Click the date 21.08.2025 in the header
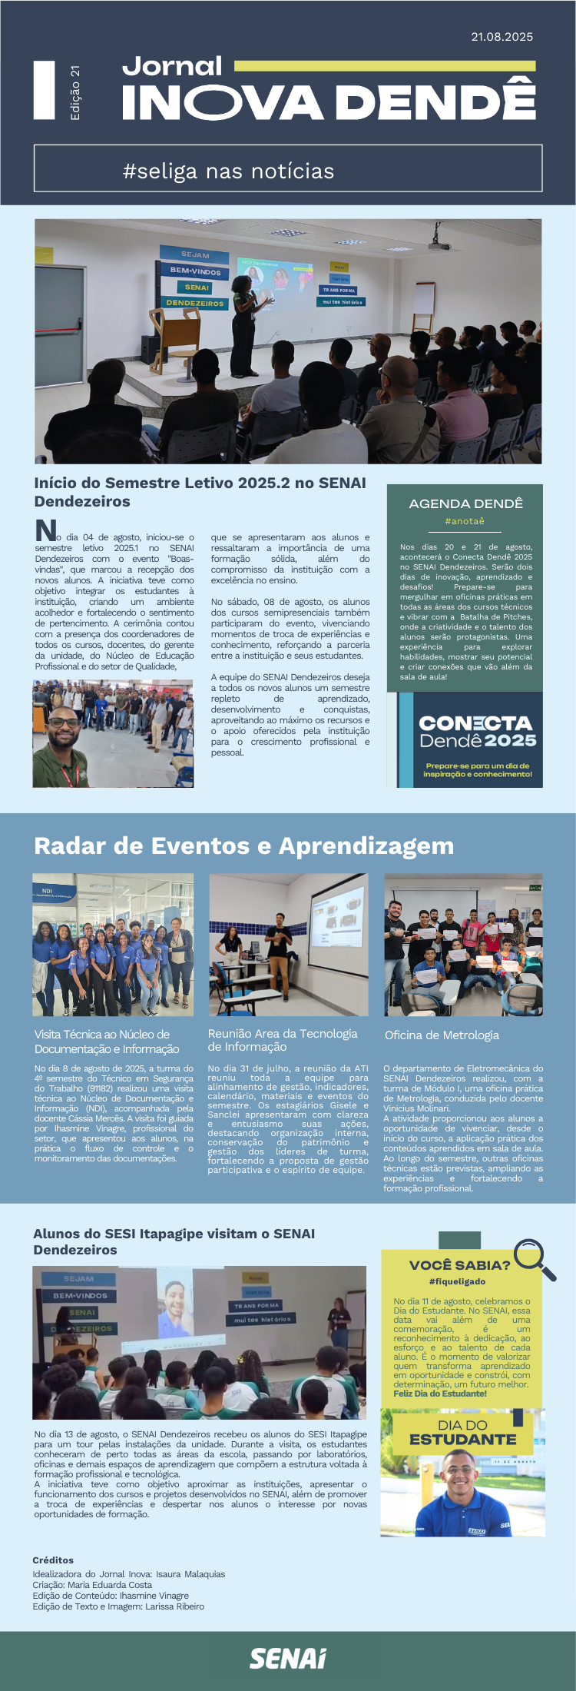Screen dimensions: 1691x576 [502, 37]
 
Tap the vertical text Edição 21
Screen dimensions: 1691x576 [74, 92]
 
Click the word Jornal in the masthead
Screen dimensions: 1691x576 [172, 67]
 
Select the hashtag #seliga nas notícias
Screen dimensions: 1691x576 [228, 171]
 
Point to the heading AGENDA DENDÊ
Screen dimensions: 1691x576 [465, 503]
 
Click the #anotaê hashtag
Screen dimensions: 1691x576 [465, 521]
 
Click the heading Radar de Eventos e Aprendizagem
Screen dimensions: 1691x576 [243, 845]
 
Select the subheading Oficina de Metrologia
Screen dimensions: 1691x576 [442, 1035]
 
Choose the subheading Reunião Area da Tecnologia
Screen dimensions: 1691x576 [283, 1034]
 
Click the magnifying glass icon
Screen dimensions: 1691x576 [533, 1258]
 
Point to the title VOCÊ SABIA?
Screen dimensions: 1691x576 [459, 1265]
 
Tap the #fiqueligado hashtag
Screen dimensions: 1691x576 [458, 1281]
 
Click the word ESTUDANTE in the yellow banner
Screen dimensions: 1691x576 [462, 1440]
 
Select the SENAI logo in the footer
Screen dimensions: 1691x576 [288, 1659]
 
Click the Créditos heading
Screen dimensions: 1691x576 [53, 1560]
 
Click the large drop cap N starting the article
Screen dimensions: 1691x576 [46, 530]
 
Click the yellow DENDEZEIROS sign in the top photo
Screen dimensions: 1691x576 [195, 304]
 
